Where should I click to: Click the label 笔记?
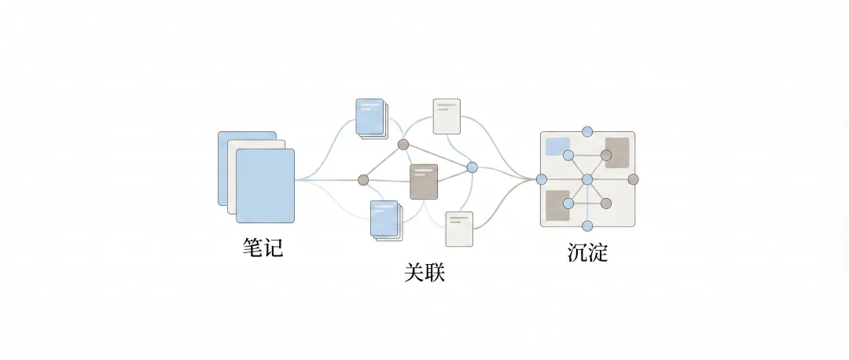click(x=263, y=248)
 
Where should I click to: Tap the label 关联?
click(x=424, y=273)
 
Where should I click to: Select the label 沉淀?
click(x=587, y=253)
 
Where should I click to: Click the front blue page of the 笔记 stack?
click(x=266, y=186)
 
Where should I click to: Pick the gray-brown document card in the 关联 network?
click(x=423, y=182)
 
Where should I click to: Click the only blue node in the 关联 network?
click(x=472, y=167)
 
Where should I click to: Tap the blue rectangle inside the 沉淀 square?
click(x=557, y=146)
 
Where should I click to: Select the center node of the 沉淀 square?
click(x=587, y=180)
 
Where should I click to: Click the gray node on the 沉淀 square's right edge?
click(x=634, y=179)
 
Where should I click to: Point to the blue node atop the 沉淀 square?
click(x=587, y=130)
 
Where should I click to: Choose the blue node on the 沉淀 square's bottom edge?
click(x=587, y=228)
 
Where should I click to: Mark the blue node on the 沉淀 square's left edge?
click(x=541, y=179)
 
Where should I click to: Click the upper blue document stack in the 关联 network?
click(x=370, y=117)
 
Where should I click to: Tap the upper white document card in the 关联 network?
click(x=447, y=116)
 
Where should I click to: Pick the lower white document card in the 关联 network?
click(x=458, y=229)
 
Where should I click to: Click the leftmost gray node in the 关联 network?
click(x=363, y=180)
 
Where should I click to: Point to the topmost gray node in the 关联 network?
click(x=403, y=144)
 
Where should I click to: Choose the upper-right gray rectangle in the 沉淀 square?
click(x=617, y=152)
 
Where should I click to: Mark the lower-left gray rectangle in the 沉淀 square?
click(x=557, y=206)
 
